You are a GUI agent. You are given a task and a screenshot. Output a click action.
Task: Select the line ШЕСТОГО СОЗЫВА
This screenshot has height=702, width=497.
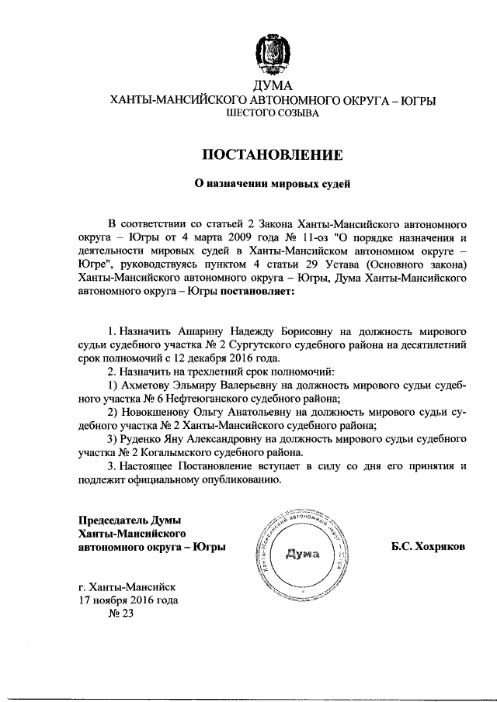click(x=271, y=114)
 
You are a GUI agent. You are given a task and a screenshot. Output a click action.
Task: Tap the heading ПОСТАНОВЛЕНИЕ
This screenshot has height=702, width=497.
click(x=271, y=154)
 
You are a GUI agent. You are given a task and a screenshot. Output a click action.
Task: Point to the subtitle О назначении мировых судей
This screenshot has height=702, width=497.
click(x=271, y=185)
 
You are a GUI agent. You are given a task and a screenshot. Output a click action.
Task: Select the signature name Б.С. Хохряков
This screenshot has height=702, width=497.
click(x=429, y=546)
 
